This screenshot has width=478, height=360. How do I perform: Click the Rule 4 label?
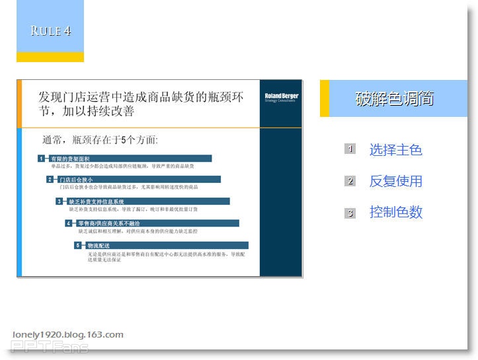click(x=50, y=31)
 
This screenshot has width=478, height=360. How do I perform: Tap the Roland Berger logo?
click(x=281, y=97)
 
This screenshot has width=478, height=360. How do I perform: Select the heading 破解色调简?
click(x=395, y=99)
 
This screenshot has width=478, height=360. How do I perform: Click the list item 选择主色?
click(x=395, y=150)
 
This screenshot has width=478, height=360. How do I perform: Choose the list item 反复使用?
click(x=395, y=181)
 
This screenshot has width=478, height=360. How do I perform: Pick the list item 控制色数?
click(x=395, y=212)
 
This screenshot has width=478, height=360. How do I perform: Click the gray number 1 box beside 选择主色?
click(x=350, y=149)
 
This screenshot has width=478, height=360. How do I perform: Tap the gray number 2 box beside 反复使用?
click(x=350, y=181)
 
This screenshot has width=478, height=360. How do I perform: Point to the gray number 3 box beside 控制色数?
click(x=350, y=213)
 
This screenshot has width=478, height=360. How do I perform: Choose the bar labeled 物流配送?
click(x=165, y=245)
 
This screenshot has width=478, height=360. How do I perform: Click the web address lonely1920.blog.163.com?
click(x=67, y=334)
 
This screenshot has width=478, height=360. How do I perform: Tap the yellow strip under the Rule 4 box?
click(x=50, y=57)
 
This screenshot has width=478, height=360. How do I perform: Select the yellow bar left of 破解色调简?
click(x=324, y=98)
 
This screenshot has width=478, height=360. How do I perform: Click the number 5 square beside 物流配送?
click(x=77, y=245)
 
